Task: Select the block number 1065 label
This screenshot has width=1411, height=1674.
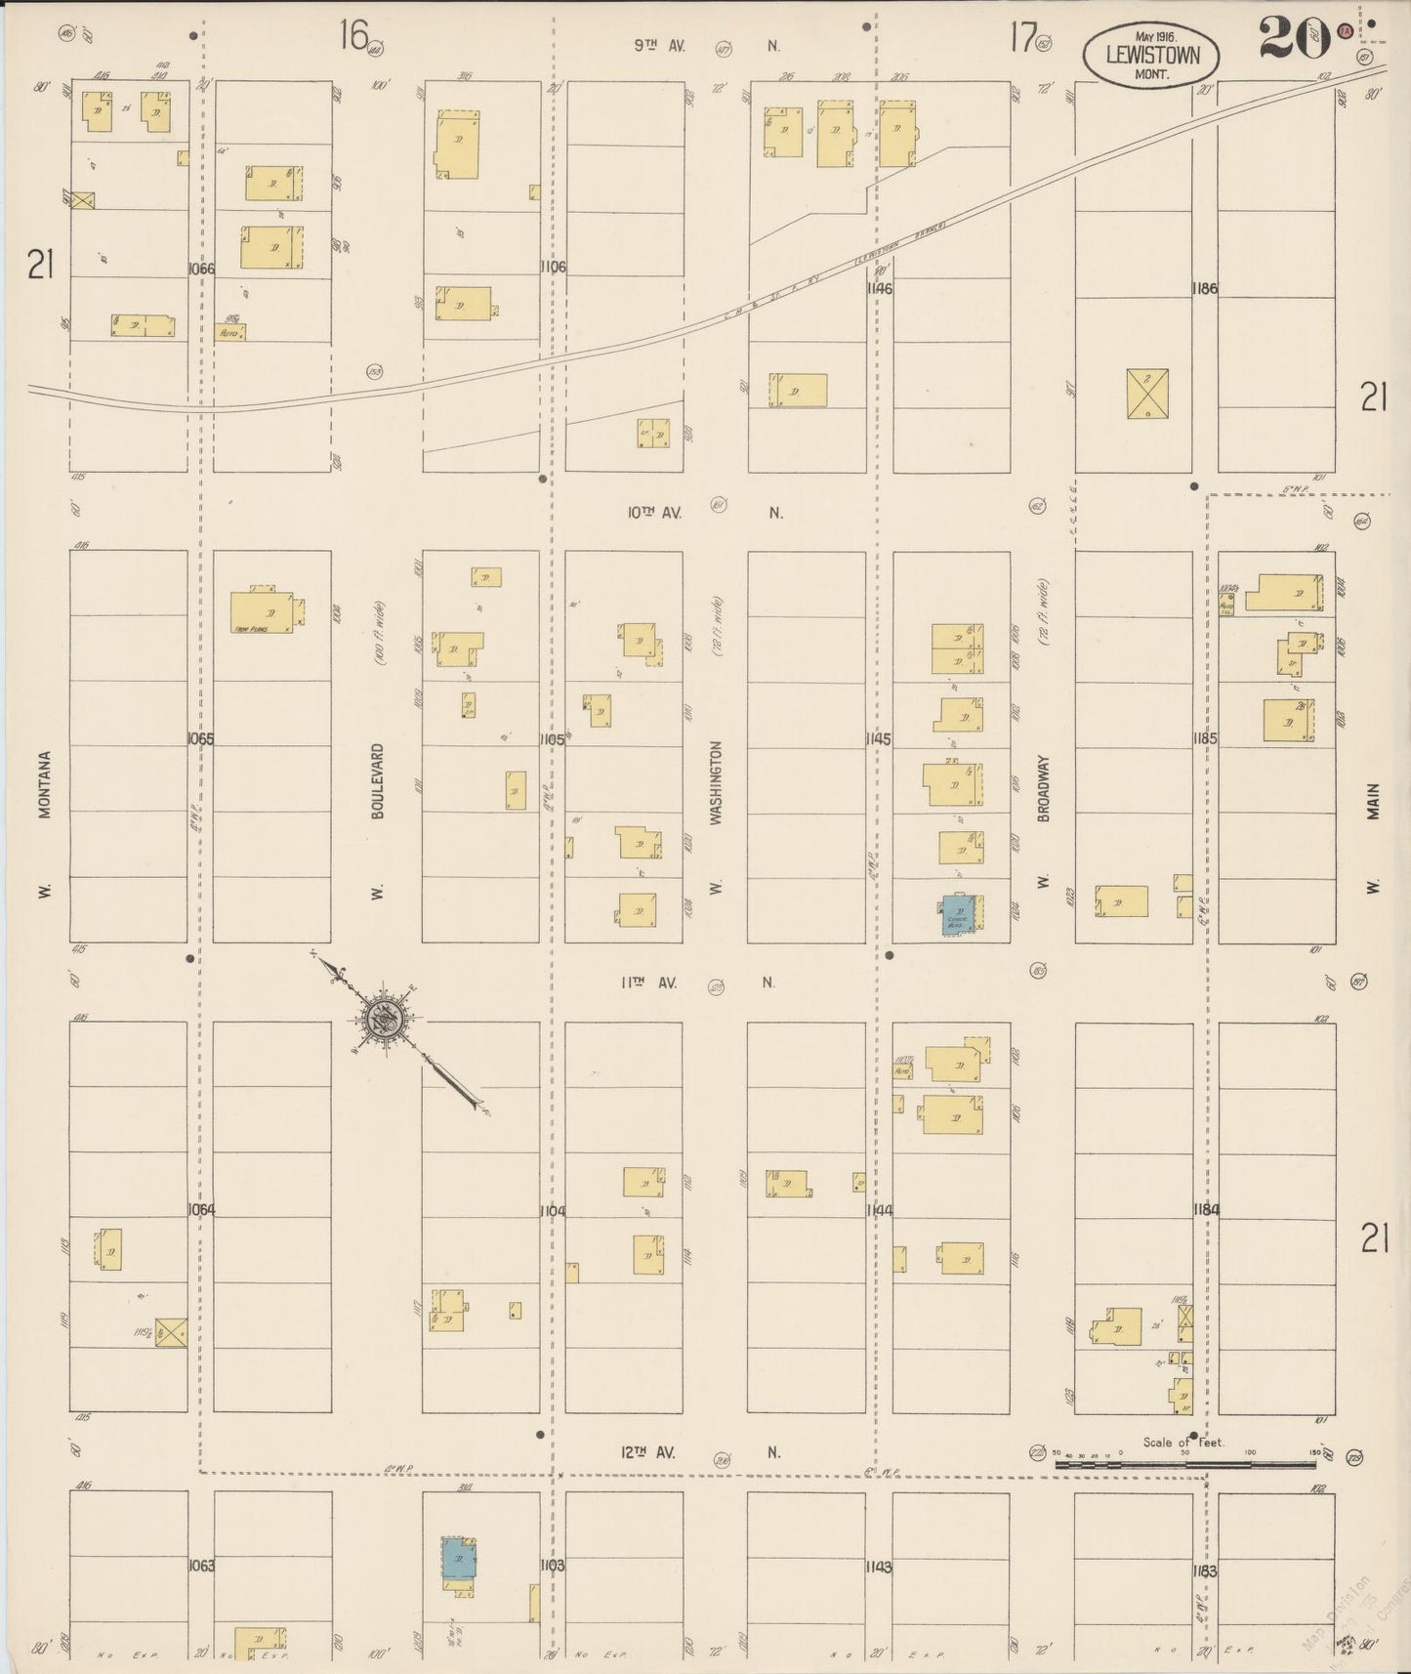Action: (200, 739)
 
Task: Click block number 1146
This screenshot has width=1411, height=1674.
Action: (879, 289)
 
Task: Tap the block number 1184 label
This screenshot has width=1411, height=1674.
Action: (1205, 1210)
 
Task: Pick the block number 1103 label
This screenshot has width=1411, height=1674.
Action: (552, 1565)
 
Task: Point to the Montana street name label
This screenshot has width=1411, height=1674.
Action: (44, 786)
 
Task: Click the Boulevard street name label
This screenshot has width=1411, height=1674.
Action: (378, 780)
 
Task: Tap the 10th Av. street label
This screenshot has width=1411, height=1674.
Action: (654, 512)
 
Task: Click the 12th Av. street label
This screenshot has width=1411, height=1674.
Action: (648, 1452)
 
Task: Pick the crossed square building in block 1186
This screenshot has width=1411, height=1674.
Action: (1146, 394)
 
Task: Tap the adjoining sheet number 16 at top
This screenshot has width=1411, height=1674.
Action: (353, 36)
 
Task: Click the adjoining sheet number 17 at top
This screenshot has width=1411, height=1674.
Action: (1021, 37)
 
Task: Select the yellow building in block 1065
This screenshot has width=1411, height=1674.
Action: (262, 611)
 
